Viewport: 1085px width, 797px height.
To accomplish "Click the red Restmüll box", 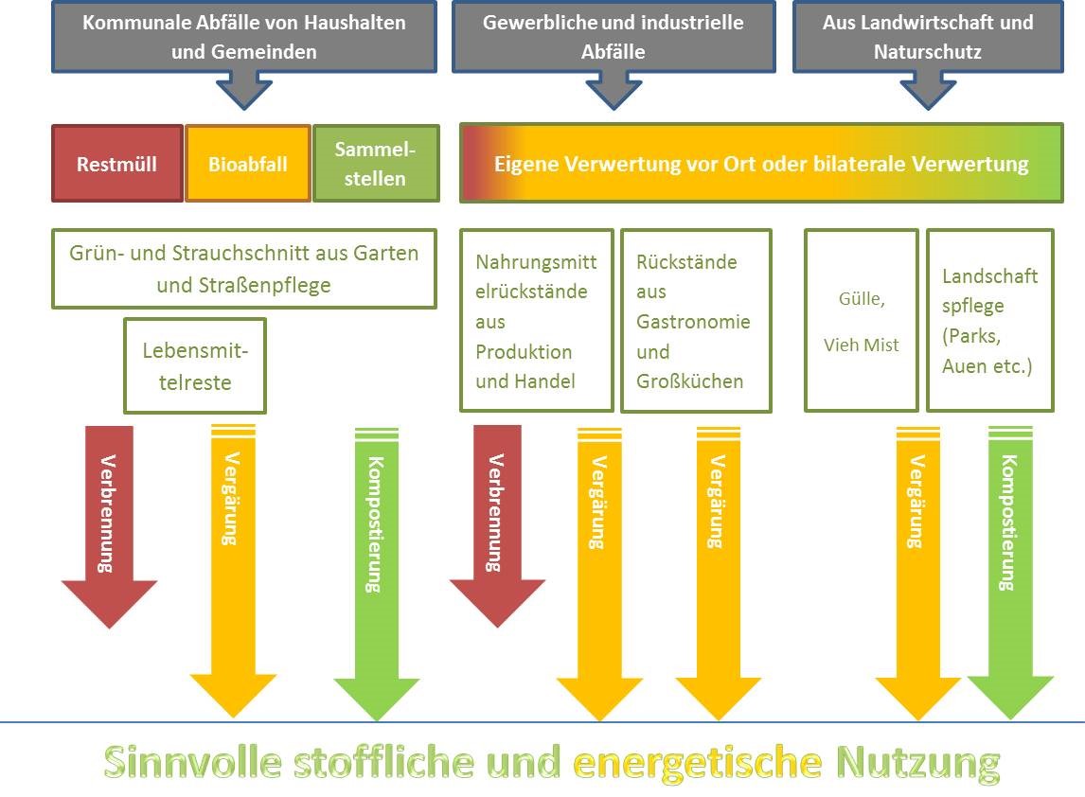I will click(116, 164).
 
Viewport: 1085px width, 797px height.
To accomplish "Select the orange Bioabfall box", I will click(247, 164).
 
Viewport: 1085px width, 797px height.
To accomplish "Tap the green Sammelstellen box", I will click(376, 164).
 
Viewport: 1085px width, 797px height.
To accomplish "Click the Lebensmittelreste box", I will click(195, 366).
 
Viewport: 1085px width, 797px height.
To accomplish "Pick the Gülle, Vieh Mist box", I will click(861, 321).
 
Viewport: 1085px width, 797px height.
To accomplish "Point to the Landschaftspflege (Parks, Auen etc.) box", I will click(989, 321).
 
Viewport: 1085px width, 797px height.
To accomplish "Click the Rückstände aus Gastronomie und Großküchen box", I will click(696, 321).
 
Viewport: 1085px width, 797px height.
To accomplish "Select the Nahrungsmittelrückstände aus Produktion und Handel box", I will click(536, 321).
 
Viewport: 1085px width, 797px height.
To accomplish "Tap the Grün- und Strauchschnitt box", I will click(243, 269).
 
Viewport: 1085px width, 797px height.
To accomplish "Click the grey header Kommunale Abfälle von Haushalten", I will click(243, 37).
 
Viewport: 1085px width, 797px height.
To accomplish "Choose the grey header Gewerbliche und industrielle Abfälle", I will click(613, 37).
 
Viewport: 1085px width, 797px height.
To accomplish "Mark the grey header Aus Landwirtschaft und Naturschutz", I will click(927, 37).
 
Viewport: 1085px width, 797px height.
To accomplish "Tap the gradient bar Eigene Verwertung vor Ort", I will click(760, 164).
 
